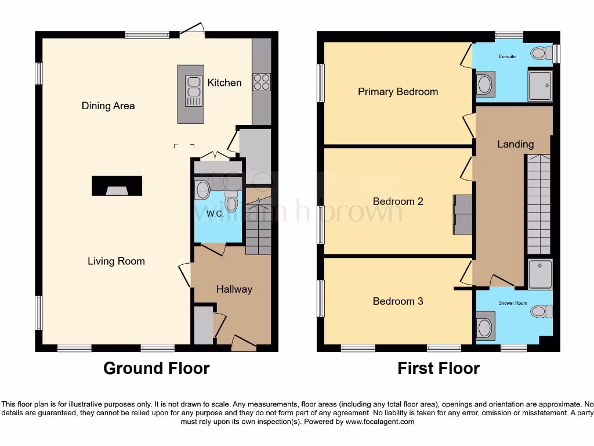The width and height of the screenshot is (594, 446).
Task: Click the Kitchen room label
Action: [224, 82]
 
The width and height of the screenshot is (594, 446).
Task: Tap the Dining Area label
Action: [108, 106]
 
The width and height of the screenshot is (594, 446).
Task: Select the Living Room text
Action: [116, 261]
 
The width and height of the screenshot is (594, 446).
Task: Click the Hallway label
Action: [234, 289]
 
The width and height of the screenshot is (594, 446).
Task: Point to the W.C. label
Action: [215, 214]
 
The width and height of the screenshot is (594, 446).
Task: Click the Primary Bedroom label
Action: [397, 91]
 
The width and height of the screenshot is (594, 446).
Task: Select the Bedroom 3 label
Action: [397, 301]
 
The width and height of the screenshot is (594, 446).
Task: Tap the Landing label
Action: [515, 144]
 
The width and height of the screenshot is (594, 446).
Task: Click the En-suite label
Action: [507, 57]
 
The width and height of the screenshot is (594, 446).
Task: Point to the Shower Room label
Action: [513, 303]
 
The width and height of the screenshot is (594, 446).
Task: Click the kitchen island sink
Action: [193, 91]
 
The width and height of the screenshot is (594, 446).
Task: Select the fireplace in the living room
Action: [117, 186]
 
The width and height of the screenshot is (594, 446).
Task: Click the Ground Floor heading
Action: [156, 368]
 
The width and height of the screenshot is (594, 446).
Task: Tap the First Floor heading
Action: [438, 368]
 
